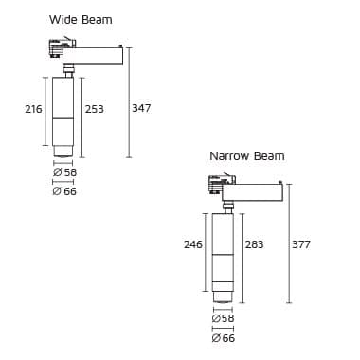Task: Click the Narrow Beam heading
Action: pos(246,156)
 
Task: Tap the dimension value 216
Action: pos(33,110)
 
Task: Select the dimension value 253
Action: pos(94,110)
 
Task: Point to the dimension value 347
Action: pos(141,110)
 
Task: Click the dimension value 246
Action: pos(192,244)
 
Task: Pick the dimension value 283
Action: pos(253,244)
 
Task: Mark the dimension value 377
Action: pos(300,244)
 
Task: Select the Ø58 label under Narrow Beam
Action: pos(223,319)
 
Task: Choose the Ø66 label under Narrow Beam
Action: pos(223,337)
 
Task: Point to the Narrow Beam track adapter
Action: pos(221,183)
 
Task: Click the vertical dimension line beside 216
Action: pos(45,111)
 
